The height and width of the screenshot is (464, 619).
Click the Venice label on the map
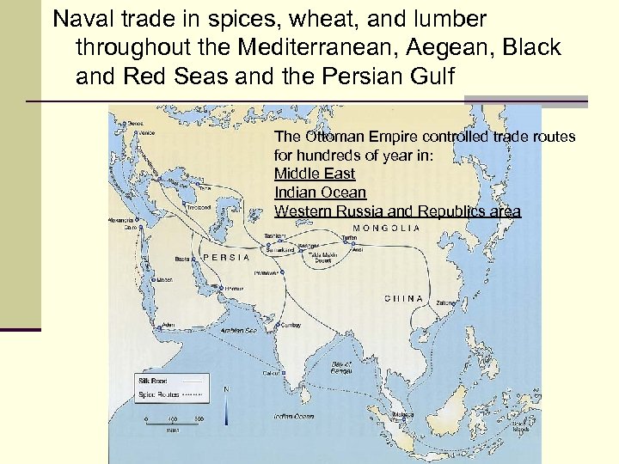point(148,133)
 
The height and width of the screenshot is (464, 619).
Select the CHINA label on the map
point(403,298)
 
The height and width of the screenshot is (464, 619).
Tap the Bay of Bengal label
point(344,367)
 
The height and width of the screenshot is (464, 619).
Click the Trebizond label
point(199,207)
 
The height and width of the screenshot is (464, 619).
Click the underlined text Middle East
point(314,174)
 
